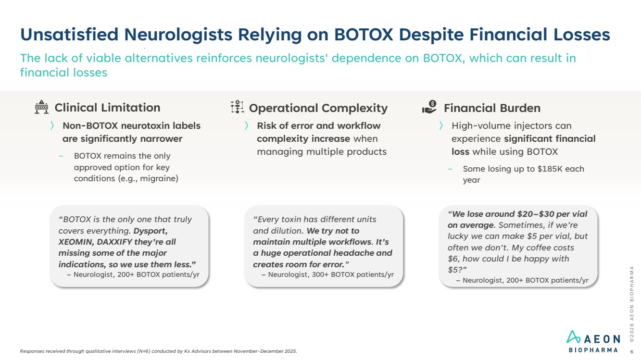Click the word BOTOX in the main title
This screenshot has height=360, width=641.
pyautogui.click(x=364, y=35)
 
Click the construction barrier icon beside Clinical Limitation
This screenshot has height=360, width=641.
pyautogui.click(x=41, y=107)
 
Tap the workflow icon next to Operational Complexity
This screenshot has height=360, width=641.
pyautogui.click(x=237, y=107)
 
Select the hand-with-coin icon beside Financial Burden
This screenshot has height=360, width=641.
pyautogui.click(x=429, y=107)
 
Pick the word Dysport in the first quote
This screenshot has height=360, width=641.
pyautogui.click(x=151, y=231)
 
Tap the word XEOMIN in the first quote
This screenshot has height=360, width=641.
pyautogui.click(x=76, y=242)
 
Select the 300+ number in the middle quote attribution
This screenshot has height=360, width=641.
pyautogui.click(x=320, y=274)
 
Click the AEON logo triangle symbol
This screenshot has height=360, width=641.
pyautogui.click(x=573, y=337)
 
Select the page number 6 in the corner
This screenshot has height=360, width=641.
pyautogui.click(x=631, y=352)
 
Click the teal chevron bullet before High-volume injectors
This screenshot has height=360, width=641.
pyautogui.click(x=441, y=125)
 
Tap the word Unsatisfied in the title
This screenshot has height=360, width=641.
pyautogui.click(x=69, y=35)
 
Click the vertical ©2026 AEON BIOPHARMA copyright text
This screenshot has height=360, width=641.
pyautogui.click(x=631, y=304)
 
